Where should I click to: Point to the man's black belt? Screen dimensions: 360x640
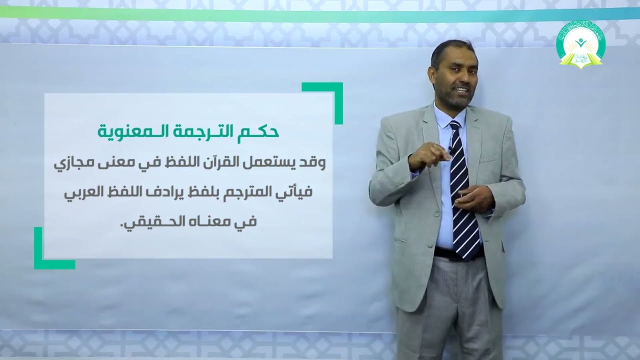(x=457, y=253)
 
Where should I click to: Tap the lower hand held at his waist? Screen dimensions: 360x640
(x=473, y=197)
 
